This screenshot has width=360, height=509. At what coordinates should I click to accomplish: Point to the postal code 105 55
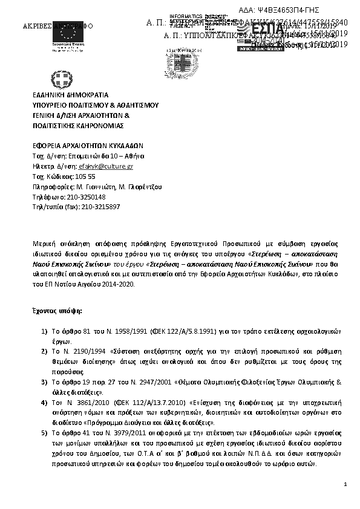(x=85, y=177)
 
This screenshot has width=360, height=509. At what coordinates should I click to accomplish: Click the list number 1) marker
(x=44, y=331)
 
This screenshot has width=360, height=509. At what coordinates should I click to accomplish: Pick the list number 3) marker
(x=44, y=382)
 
